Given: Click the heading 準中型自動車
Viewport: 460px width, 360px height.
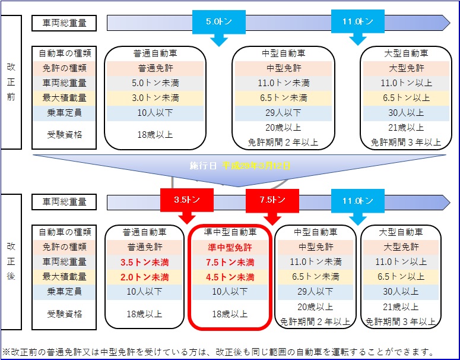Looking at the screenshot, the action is point(230,232).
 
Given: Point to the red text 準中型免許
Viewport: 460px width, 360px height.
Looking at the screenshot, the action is point(230,247).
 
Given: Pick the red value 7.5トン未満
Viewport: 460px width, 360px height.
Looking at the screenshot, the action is point(230,262).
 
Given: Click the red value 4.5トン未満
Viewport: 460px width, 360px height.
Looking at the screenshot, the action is point(230,277).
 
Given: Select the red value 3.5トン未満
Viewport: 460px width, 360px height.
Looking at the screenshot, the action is point(145,262).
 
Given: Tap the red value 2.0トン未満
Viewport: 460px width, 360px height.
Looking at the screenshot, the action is point(145,277).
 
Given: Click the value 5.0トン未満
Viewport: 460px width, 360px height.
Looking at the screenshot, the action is point(155,83).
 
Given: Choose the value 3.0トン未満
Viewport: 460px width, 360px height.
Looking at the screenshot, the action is point(155,98).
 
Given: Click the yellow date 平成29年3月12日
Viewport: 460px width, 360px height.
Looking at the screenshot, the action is point(256,166).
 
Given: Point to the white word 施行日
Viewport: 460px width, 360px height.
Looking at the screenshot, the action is point(203,166).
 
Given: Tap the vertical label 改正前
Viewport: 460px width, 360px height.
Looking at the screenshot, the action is point(11,82).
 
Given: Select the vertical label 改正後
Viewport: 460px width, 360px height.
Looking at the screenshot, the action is point(11,261).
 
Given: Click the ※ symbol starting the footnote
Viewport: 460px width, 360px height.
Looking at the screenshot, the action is point(6,352).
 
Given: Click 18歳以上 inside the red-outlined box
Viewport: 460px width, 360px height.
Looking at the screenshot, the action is point(230,314).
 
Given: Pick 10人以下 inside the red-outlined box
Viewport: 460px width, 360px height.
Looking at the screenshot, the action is point(230,292).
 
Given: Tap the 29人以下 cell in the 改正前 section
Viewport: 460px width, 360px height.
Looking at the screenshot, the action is point(283,113).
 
